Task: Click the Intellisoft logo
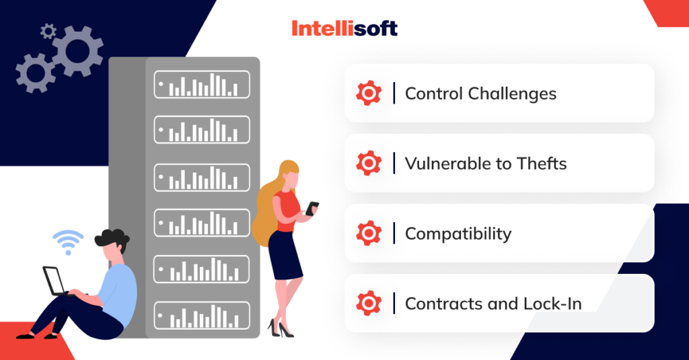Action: click(344, 28)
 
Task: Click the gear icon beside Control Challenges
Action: click(368, 93)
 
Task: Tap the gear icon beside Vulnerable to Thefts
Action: click(368, 163)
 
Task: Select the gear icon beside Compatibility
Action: click(368, 233)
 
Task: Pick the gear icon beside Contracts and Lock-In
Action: click(368, 303)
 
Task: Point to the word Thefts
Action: click(542, 164)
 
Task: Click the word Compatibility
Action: click(458, 233)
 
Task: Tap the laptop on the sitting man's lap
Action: click(54, 281)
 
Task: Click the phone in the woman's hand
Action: click(312, 209)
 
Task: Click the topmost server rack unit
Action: click(202, 83)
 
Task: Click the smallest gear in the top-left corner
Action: click(47, 30)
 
